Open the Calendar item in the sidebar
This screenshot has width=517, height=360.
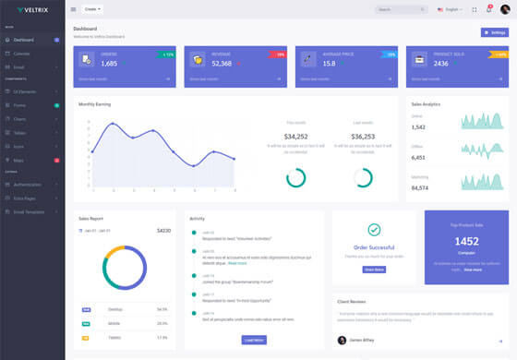[21, 54]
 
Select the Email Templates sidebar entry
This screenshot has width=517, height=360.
[30, 212]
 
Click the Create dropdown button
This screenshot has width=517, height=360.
[93, 9]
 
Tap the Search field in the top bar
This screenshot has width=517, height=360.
[401, 9]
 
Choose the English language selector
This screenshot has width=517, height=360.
[450, 9]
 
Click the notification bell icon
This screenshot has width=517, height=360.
[488, 9]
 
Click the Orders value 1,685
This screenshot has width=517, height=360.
[109, 64]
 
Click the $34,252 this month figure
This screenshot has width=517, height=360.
[296, 137]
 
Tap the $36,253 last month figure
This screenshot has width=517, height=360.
[363, 137]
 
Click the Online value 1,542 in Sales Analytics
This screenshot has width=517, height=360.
[419, 126]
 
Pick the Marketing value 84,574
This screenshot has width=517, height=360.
[420, 188]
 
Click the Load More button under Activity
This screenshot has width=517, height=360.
[253, 340]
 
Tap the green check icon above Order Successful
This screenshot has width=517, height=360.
[374, 229]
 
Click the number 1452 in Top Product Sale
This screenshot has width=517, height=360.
[466, 241]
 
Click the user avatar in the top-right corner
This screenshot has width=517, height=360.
[504, 9]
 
